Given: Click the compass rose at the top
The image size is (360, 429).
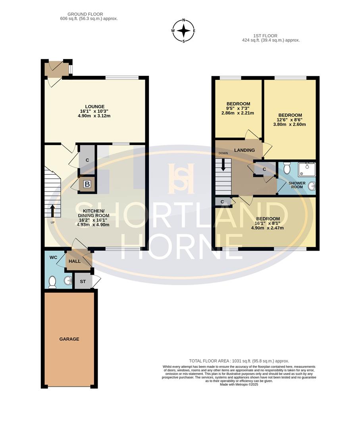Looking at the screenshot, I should (183, 31).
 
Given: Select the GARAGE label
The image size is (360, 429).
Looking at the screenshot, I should (69, 339).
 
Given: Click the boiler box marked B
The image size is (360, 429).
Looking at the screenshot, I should (87, 184).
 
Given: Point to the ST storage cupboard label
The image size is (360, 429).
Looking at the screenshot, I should (83, 282).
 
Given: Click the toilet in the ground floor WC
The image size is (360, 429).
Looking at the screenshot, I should (52, 282).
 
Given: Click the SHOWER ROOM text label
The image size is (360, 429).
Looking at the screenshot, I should (297, 185).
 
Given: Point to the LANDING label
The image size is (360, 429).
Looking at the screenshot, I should (244, 150).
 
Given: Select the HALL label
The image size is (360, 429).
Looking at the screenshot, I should (75, 261).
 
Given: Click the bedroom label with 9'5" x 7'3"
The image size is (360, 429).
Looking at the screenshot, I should (238, 104).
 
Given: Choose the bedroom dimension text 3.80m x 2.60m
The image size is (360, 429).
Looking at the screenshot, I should (290, 124).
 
